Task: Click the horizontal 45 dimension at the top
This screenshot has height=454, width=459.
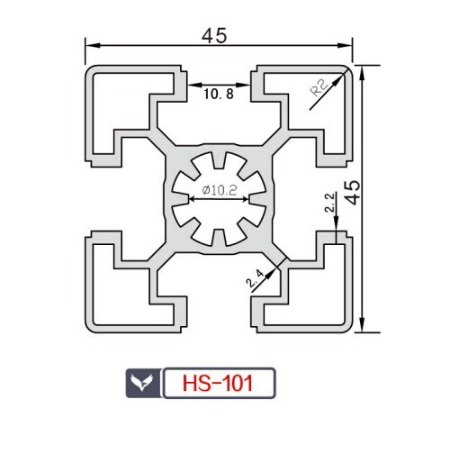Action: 214,35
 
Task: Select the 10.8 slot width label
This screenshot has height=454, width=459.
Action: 219,95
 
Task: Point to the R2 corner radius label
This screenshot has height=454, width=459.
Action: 319,87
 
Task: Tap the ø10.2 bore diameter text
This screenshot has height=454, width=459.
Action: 220,190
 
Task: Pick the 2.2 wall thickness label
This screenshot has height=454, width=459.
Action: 329,203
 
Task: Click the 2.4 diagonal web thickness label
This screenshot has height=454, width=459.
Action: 255,278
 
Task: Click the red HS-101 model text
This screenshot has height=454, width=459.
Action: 218,383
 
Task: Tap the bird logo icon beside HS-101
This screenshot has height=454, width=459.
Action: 142,383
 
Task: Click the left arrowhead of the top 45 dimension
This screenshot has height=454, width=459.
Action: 93,45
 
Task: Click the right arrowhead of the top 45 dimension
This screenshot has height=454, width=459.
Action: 345,45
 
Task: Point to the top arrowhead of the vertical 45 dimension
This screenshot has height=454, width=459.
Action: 363,73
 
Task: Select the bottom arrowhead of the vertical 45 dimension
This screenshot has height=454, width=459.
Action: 363,325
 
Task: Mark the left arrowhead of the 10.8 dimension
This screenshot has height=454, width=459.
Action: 194,85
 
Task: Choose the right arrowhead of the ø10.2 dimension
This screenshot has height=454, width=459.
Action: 244,199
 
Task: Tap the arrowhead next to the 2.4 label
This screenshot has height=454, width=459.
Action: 270,273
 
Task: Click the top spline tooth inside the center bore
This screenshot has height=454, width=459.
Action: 219,160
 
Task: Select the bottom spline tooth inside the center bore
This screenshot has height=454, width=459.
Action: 219,238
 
